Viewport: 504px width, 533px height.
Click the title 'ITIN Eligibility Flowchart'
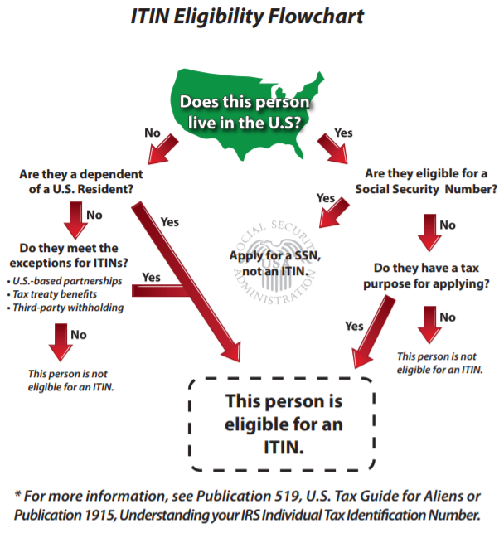pyautogui.click(x=252, y=17)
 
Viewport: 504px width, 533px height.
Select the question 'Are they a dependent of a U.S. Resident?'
pyautogui.click(x=80, y=182)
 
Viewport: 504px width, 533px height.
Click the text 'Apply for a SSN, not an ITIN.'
pyautogui.click(x=263, y=263)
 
